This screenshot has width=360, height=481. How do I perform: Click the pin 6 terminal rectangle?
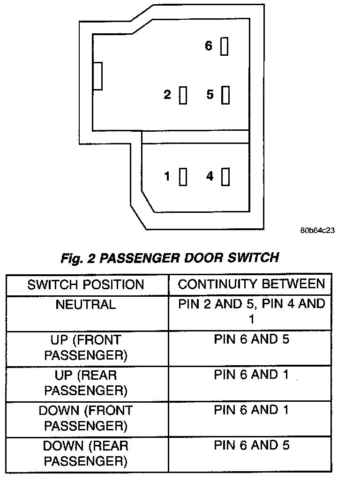[x=225, y=47]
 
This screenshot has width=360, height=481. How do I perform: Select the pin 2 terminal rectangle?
[x=183, y=95]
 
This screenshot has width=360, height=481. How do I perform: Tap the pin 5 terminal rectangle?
[x=225, y=95]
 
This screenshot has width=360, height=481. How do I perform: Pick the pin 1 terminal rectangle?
[x=183, y=177]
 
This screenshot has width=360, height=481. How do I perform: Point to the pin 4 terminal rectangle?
[x=225, y=177]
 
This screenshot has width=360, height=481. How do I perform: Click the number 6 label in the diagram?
[x=209, y=46]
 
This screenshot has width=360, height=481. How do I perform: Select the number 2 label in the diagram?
[x=167, y=95]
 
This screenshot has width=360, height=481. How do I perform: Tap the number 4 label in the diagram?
[x=210, y=176]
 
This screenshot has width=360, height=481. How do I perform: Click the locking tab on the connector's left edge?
[x=97, y=76]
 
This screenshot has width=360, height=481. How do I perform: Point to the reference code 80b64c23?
[x=318, y=231]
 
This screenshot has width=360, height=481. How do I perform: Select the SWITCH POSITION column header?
[x=86, y=285]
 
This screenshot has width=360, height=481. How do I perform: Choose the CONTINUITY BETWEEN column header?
[x=251, y=284]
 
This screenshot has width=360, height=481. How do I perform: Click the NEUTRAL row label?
[x=86, y=305]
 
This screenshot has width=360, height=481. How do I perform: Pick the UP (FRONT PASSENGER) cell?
[x=86, y=347]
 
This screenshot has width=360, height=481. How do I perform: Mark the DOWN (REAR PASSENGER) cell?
[x=86, y=453]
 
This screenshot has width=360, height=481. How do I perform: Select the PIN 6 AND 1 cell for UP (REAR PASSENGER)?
[x=251, y=375]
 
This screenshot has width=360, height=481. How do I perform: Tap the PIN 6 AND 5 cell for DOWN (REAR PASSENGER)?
[x=251, y=445]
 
